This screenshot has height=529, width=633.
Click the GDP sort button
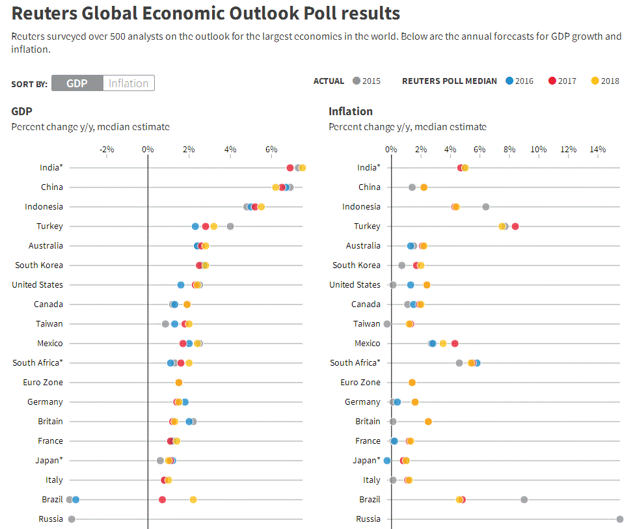coord(77,83)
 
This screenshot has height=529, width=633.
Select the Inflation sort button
coord(128,83)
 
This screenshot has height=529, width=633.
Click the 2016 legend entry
coord(519,81)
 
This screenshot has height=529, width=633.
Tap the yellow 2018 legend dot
coord(595,81)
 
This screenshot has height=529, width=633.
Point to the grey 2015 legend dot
coord(356,81)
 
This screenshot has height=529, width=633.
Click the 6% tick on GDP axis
coord(271,150)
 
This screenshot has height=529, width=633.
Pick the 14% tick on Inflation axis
coord(597,150)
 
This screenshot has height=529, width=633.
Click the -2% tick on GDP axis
coord(107,150)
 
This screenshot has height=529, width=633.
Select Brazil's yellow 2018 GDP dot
coord(193,500)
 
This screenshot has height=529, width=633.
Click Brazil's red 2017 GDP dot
coord(163,500)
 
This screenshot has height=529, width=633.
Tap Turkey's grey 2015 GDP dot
coord(230,226)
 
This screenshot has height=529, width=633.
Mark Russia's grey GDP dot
coord(72,519)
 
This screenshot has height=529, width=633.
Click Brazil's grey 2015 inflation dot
coord(524,500)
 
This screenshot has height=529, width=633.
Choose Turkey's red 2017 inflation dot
coord(515,226)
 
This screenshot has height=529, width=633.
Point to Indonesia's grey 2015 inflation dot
coord(485,207)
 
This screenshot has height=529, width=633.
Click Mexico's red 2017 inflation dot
coord(455,344)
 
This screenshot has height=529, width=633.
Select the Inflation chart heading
coord(351,111)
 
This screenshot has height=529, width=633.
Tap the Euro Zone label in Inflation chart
coord(360,383)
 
